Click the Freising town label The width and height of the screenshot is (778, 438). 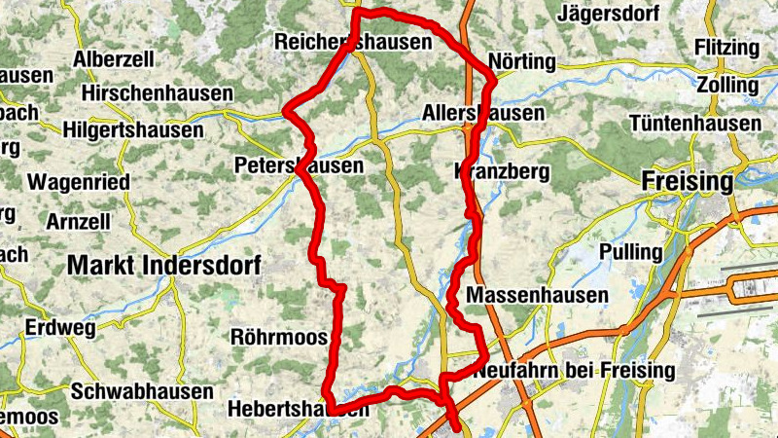[x=688, y=181]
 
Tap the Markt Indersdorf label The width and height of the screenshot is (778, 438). [x=164, y=265]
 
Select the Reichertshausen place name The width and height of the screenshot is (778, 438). [x=353, y=43]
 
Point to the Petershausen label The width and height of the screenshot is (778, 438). [x=300, y=166]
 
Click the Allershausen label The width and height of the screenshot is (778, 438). [x=483, y=113]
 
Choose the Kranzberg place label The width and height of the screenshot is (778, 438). [x=502, y=172]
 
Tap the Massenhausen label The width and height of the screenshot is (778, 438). [x=537, y=294]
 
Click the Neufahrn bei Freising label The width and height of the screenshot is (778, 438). [x=574, y=371]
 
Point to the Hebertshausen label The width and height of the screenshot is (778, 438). [x=298, y=410]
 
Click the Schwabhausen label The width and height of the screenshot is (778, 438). [x=142, y=391]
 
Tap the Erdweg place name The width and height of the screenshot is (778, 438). [x=60, y=328]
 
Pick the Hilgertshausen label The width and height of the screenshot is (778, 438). [x=133, y=130]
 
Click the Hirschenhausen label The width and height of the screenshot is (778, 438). [x=159, y=93]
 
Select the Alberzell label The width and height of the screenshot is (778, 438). [x=114, y=59]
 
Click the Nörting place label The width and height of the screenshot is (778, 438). [x=523, y=62]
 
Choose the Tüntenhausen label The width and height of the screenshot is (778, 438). [x=695, y=124]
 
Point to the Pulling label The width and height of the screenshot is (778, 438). [x=631, y=252]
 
